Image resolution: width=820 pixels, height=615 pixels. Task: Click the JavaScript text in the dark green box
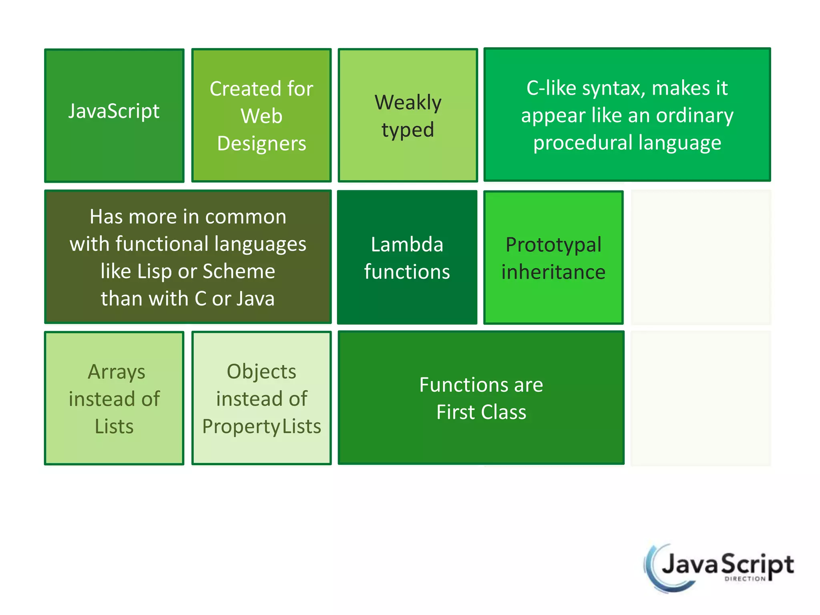point(114,111)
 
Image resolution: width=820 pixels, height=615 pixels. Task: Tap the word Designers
point(261,143)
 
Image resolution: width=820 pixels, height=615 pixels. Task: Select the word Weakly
point(408,102)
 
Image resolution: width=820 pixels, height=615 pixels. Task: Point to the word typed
point(408,130)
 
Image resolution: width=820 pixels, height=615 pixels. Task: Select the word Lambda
point(407,244)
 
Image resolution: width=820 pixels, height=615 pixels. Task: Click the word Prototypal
point(553,245)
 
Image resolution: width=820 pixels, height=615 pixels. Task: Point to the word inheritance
point(553,272)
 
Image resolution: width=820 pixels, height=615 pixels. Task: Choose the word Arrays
point(116,372)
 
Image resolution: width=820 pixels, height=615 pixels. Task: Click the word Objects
point(261,372)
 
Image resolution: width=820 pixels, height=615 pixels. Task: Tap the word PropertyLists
point(261,426)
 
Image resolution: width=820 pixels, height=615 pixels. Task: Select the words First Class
point(481,412)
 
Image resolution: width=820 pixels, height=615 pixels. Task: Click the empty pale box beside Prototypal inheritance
point(701,257)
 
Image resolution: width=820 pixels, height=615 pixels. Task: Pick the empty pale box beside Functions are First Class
point(701,398)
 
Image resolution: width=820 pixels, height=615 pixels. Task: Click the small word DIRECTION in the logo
point(745,579)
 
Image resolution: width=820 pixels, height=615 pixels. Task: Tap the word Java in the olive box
point(255,299)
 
